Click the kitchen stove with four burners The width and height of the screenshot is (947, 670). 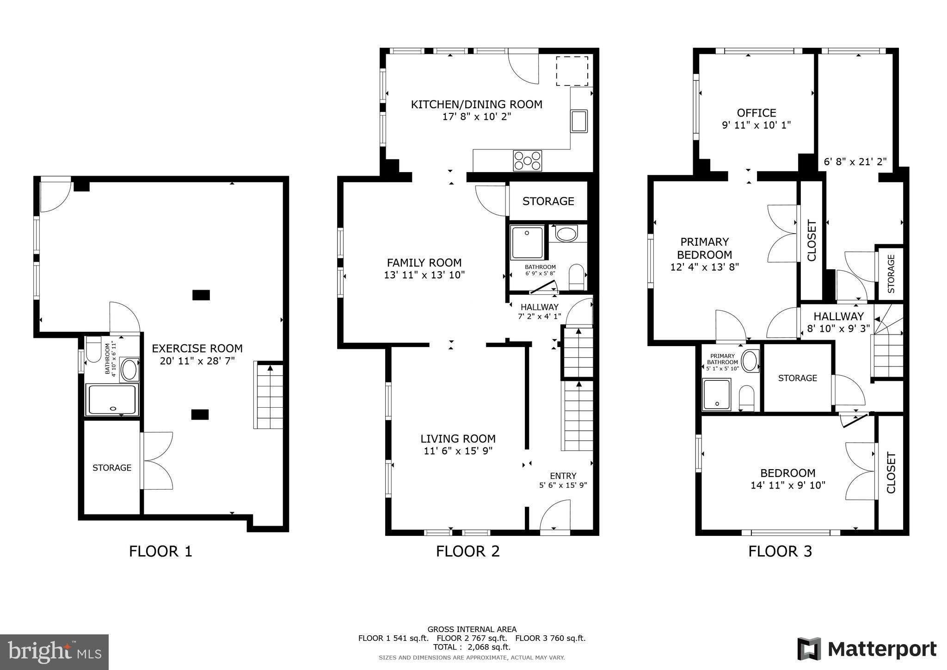(527, 161)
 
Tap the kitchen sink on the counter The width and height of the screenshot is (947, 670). (579, 121)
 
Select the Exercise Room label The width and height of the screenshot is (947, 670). (197, 348)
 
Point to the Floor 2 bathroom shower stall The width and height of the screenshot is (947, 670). (527, 242)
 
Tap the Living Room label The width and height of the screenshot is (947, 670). (458, 439)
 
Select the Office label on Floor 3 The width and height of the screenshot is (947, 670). (756, 113)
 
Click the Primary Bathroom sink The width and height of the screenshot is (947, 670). (750, 361)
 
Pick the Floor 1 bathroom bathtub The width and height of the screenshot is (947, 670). (112, 399)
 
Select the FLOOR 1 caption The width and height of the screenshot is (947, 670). (160, 551)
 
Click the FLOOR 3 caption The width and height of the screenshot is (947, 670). (780, 551)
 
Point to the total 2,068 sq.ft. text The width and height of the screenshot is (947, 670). (472, 647)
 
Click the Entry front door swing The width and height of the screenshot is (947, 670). (555, 516)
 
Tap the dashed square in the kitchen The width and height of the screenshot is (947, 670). (572, 71)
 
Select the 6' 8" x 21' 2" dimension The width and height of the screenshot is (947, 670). (855, 161)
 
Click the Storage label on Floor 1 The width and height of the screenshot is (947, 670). (112, 468)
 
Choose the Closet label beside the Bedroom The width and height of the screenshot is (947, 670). (891, 472)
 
